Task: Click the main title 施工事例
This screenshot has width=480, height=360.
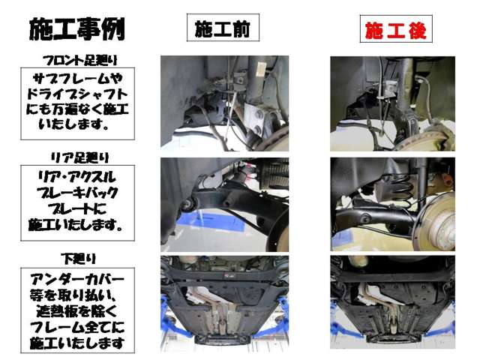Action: tap(77, 28)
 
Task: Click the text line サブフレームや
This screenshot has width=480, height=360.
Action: tap(78, 78)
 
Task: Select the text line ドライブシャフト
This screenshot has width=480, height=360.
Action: tap(78, 94)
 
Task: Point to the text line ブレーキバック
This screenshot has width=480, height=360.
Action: tap(78, 193)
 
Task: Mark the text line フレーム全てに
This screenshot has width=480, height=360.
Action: tap(78, 328)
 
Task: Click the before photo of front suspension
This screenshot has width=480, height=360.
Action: tap(224, 102)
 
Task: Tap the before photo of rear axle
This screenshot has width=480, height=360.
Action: tap(224, 203)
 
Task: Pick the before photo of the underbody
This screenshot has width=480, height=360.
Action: tap(224, 304)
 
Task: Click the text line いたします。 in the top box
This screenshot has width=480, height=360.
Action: tap(78, 125)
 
